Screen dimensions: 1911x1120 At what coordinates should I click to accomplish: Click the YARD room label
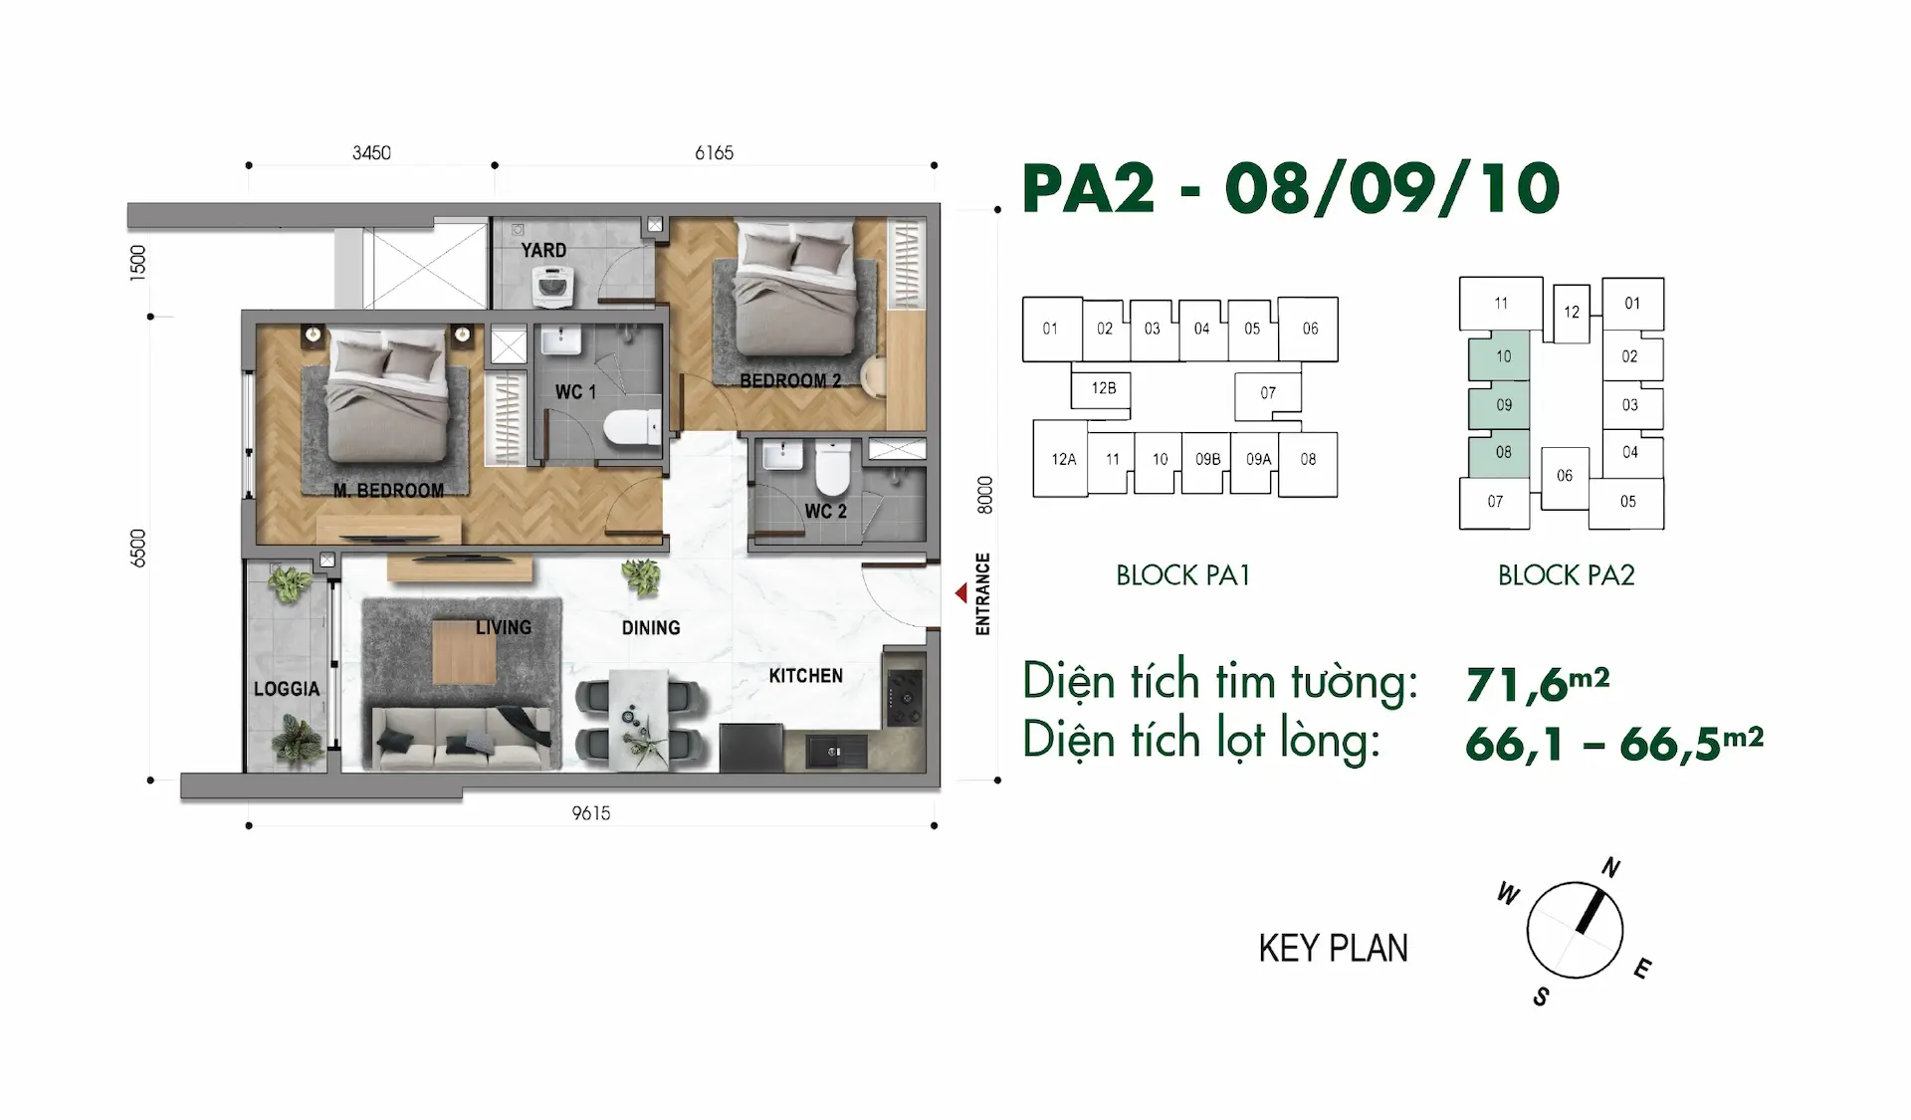tap(543, 250)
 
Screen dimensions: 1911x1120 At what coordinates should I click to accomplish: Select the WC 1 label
tap(575, 392)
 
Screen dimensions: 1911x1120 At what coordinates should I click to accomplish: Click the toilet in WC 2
tap(833, 469)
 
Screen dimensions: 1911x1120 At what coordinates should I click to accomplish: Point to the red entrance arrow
tap(960, 593)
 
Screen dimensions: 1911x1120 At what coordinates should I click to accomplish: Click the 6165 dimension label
tap(714, 152)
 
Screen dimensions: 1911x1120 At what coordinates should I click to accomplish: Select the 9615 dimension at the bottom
tap(591, 813)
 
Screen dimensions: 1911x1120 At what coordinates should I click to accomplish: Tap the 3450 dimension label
tap(371, 152)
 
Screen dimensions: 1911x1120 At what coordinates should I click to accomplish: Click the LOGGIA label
tap(287, 689)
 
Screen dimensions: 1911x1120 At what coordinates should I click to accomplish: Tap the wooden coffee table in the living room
tap(464, 651)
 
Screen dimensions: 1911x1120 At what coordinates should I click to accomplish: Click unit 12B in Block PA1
tap(1103, 388)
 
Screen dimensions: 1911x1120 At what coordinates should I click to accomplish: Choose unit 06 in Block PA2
tap(1565, 477)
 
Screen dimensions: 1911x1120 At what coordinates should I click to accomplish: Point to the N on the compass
tap(1610, 868)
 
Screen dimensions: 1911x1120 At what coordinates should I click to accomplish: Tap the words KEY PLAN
tap(1334, 949)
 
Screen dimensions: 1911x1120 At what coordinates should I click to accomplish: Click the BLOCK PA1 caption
tap(1182, 575)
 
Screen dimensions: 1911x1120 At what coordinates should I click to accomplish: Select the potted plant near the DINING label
tap(640, 575)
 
